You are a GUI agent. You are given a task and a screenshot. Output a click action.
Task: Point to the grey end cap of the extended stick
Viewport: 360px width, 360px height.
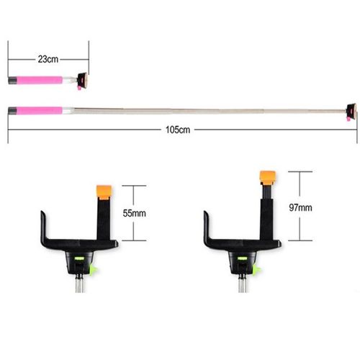point(14,111)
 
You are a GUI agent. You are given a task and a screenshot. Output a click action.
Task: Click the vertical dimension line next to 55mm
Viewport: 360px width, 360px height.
point(132,212)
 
